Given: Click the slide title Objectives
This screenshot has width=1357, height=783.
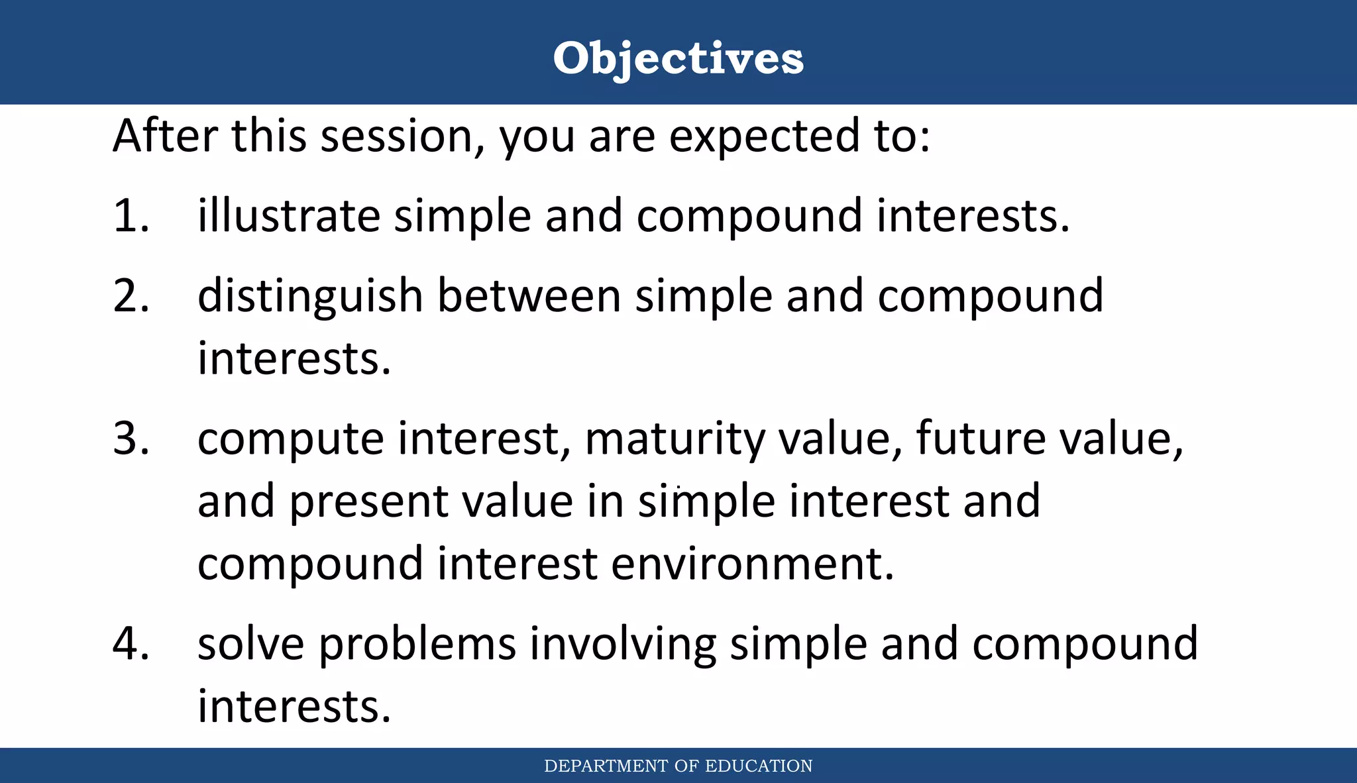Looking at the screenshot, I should coord(678,58).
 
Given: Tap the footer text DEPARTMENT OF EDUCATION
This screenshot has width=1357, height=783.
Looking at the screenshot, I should coord(678,766).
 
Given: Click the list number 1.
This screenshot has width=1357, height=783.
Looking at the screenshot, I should coord(130,216).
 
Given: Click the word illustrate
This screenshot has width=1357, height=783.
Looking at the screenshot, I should coord(289,216).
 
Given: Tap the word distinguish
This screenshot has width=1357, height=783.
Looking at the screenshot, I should coord(310,297).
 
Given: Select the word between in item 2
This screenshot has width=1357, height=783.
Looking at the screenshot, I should coord(529,295).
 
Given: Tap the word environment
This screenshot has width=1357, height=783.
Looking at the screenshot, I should coord(752,564).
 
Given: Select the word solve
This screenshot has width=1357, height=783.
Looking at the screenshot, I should coord(252,643).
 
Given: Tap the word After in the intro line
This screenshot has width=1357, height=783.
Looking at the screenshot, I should coord(165,135).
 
